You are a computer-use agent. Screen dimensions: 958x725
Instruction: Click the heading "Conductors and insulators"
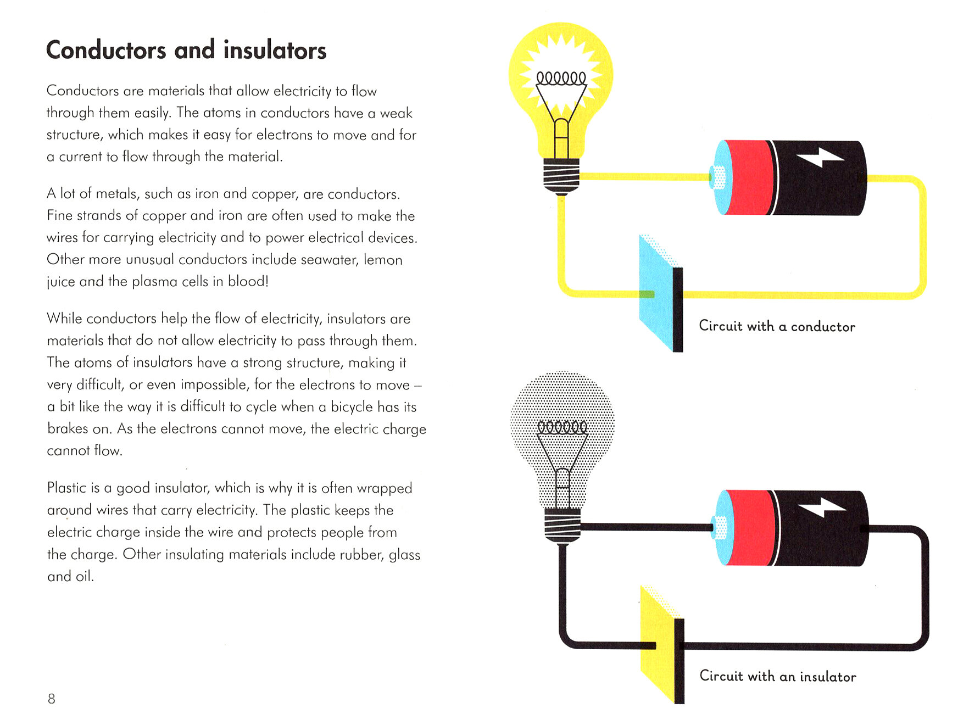tap(186, 50)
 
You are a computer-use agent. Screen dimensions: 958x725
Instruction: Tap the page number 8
tap(52, 699)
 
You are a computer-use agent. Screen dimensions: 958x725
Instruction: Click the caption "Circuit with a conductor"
tap(777, 326)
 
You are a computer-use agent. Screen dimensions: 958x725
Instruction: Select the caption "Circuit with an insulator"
tap(777, 676)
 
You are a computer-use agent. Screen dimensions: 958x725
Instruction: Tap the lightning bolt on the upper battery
tap(820, 158)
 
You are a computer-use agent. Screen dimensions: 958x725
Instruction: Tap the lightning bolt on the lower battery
tap(821, 507)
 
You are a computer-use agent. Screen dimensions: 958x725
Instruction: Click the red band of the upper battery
tap(748, 177)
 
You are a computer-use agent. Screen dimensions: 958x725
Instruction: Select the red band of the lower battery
tap(749, 528)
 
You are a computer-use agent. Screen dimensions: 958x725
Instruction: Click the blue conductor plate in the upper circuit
tap(657, 291)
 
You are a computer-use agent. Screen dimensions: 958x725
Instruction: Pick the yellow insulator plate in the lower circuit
tap(659, 643)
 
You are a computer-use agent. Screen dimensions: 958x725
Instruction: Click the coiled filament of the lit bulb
tap(561, 79)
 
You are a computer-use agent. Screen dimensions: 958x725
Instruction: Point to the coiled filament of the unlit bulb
tap(562, 427)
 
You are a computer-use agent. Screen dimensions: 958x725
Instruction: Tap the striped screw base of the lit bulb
tap(561, 175)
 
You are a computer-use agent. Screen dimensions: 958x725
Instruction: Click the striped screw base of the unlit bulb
tap(562, 525)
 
